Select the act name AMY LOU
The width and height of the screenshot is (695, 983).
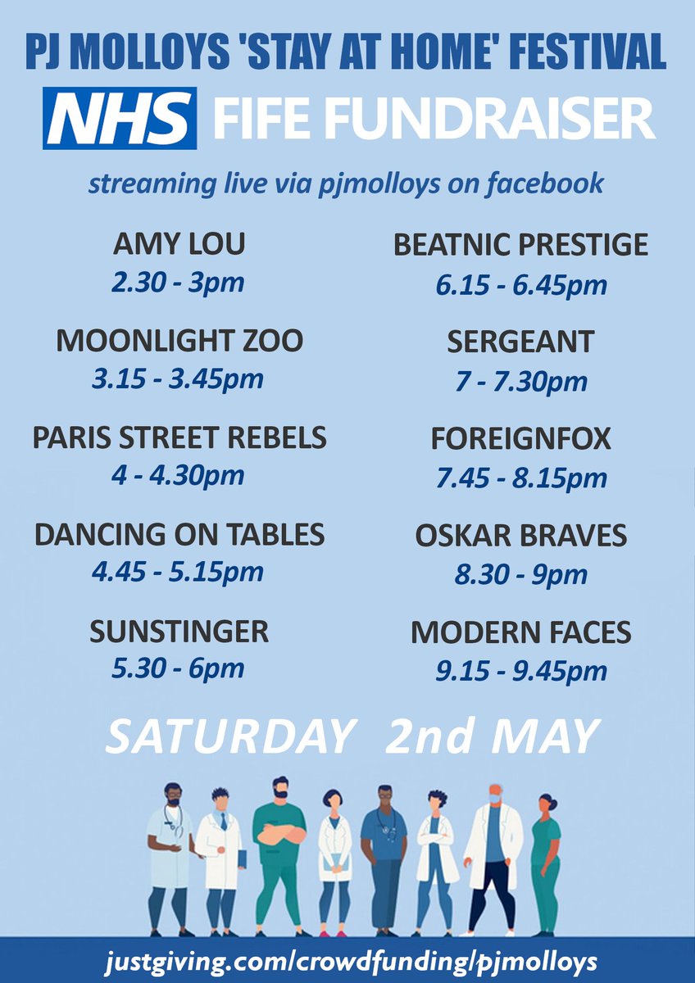(179, 244)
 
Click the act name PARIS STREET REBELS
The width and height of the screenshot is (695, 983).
(179, 438)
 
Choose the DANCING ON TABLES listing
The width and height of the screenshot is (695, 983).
(179, 535)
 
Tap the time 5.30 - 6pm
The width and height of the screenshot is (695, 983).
(178, 668)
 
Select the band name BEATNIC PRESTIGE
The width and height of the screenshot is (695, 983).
(520, 245)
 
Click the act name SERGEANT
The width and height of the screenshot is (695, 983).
(520, 342)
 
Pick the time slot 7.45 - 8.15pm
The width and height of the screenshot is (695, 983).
(521, 478)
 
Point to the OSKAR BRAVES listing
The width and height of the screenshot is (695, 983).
(520, 536)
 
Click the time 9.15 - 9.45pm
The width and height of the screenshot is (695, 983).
(521, 672)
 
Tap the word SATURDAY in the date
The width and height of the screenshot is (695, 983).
(230, 736)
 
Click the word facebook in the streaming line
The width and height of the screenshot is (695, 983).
(545, 183)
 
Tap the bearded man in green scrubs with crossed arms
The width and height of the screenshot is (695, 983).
(279, 852)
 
